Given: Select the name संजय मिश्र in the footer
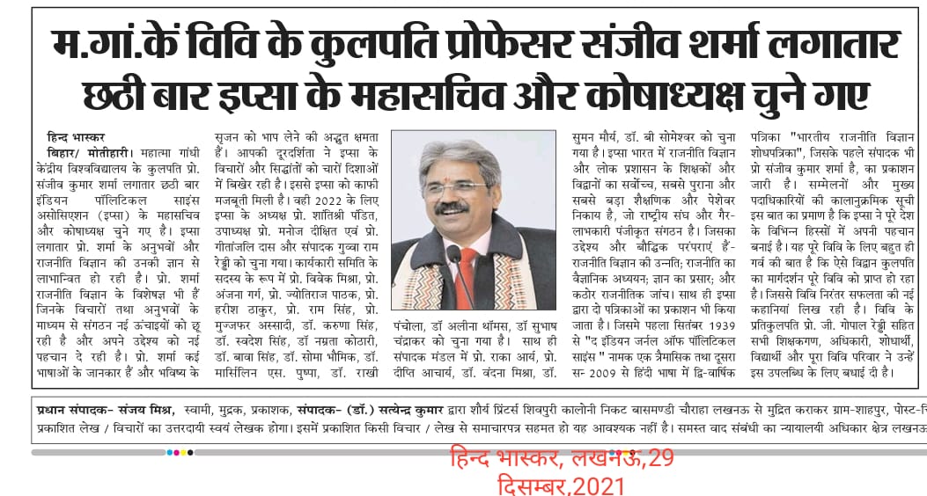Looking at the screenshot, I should coord(144,411).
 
